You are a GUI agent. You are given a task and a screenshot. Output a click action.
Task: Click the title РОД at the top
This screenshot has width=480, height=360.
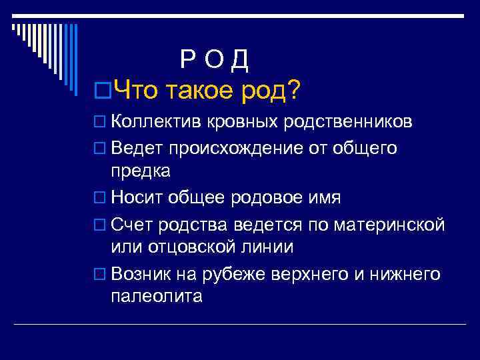(214, 61)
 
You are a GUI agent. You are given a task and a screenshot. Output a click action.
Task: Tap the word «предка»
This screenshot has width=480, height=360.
(141, 171)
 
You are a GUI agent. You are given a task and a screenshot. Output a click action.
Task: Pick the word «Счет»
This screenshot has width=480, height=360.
(131, 225)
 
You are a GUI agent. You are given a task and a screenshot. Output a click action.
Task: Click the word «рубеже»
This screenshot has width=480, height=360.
(233, 274)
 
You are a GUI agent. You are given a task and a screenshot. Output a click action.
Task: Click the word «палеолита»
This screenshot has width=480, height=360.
(157, 297)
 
